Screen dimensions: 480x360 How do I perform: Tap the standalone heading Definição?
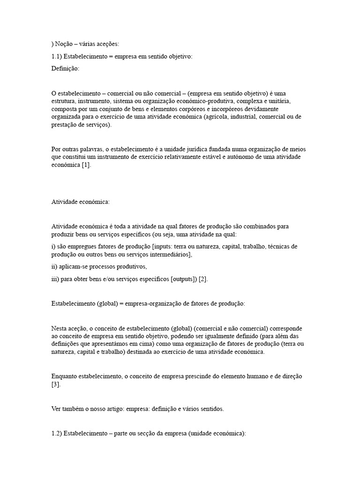pos(65,69)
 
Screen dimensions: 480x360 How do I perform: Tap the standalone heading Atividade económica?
pos(80,202)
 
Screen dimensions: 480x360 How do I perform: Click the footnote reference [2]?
pos(202,279)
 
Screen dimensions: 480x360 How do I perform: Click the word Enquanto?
pos(67,376)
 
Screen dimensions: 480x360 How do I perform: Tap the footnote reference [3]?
pos(55,384)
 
